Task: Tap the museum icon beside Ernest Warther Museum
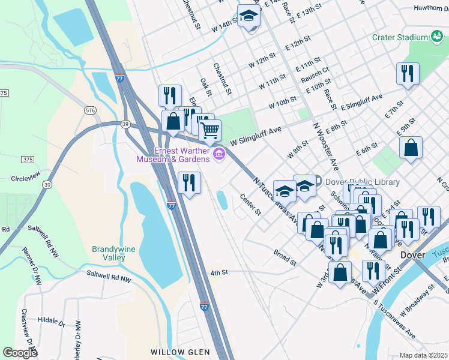point(219,155)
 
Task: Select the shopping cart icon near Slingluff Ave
point(209,130)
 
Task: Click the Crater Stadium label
point(399,37)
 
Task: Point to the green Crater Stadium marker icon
point(437,37)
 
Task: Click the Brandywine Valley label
point(109,253)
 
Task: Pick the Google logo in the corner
point(20,353)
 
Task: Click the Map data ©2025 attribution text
point(424,355)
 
